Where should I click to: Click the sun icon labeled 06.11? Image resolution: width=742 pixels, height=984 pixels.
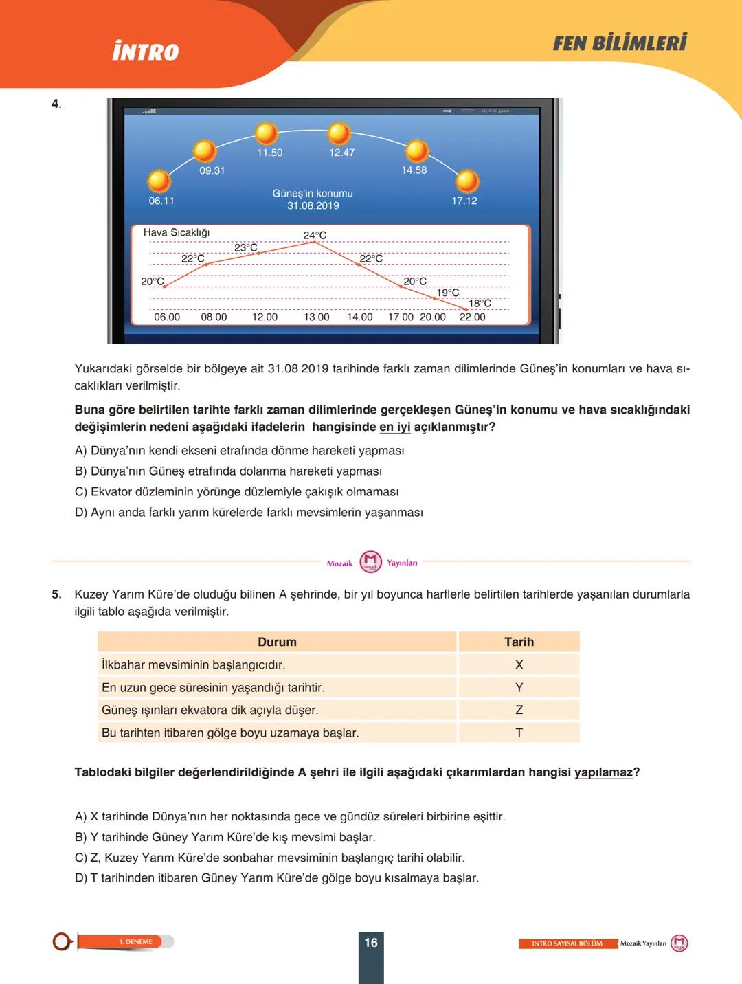point(159,181)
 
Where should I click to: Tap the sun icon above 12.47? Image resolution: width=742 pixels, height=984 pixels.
point(338,133)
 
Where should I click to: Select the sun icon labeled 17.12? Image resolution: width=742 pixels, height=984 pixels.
point(467,181)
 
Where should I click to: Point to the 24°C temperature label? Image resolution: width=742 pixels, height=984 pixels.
point(315,235)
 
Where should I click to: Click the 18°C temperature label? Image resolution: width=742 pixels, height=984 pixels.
point(480,303)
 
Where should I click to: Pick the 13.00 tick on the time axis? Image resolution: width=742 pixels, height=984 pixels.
point(317,317)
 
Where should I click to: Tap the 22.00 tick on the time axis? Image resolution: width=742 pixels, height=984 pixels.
point(473,317)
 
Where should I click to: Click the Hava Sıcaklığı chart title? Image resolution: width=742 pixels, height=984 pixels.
point(177,232)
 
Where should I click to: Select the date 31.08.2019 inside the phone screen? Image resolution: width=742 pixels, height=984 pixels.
point(313,205)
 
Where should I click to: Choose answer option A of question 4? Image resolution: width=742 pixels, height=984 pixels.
point(239,451)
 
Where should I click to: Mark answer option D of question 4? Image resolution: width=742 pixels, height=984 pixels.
point(249,513)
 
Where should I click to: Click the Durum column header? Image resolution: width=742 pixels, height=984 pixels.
point(277,642)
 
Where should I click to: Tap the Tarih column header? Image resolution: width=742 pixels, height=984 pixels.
point(519,642)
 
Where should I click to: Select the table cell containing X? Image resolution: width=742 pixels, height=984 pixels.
point(519,664)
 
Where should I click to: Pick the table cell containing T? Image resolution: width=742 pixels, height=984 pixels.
point(519,733)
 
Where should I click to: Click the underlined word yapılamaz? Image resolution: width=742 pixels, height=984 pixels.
point(603,772)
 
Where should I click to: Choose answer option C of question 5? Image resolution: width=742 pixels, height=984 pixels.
point(269,858)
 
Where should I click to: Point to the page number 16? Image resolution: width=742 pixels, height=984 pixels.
point(371,943)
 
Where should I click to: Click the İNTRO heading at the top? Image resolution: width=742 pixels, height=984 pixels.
point(146,52)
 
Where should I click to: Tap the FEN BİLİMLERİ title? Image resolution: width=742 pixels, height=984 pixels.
point(620,43)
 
